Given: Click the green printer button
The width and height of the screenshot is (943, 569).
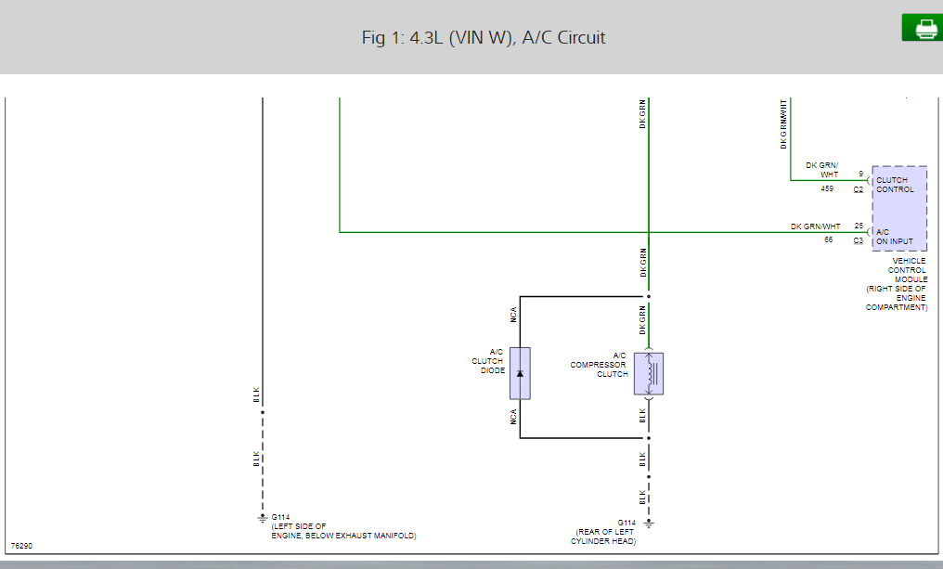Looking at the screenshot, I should point(922,28).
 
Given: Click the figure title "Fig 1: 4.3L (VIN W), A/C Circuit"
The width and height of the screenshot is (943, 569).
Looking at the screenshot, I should point(484,38).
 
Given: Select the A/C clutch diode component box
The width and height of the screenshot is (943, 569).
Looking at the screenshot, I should point(520,373).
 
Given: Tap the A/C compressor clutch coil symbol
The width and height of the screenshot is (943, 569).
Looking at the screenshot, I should point(648,373).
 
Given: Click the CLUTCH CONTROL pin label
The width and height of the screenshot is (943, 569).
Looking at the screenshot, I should point(895,185).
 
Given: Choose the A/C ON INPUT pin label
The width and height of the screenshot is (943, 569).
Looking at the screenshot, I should point(895,237).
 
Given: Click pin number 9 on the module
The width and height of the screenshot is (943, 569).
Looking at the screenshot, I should point(860,174).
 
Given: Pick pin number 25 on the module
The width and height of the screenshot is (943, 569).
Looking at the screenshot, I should point(859,226).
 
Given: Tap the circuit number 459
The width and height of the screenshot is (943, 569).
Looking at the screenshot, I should point(827,188).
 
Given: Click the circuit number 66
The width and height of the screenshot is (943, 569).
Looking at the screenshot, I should point(828,239).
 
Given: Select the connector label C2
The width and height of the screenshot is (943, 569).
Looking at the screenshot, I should point(859,189).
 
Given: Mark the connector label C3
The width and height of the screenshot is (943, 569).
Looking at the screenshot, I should point(859,241).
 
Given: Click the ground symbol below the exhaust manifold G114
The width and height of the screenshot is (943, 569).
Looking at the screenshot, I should point(262,518).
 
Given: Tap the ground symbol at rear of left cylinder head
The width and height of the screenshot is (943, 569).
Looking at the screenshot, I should point(649,524).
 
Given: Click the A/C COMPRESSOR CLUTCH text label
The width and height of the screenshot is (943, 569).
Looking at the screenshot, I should point(599,365).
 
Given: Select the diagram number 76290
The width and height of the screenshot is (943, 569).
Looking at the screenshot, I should point(22,546).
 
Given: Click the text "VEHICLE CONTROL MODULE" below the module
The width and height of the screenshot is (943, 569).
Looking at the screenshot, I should point(909,270).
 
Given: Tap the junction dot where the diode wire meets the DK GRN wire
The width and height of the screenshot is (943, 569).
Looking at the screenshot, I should point(649,297).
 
